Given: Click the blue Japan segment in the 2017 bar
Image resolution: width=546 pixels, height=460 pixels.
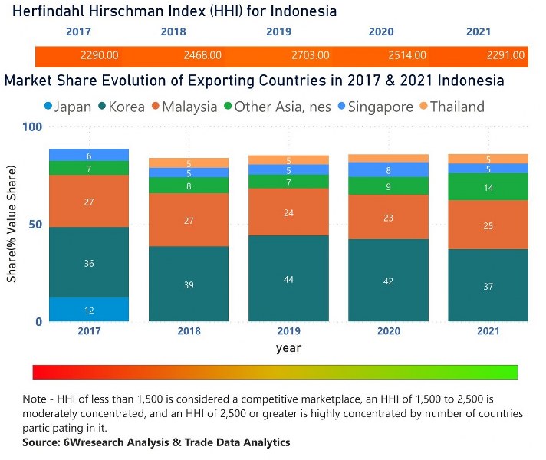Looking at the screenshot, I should tap(89, 309).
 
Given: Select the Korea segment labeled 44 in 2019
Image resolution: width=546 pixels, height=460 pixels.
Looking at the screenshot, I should tap(288, 278).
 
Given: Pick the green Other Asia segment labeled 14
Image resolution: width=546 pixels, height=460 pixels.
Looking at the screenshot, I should tap(488, 186).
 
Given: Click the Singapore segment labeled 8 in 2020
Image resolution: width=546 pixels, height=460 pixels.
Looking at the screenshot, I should tap(388, 171).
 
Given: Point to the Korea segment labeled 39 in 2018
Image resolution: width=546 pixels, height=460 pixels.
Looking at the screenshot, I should tap(189, 284).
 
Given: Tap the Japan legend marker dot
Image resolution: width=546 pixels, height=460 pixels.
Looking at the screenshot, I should tap(48, 107).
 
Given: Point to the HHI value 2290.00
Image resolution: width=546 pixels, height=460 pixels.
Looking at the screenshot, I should tap(97, 55).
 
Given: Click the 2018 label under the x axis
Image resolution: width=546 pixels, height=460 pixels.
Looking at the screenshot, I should tap(189, 332).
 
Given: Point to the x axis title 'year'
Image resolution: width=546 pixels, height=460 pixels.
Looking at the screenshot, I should tap(288, 347).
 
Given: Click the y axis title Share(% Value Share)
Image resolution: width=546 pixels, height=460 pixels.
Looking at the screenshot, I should tap(12, 224).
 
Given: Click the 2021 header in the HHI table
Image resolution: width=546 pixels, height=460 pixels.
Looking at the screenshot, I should tap(479, 31).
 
